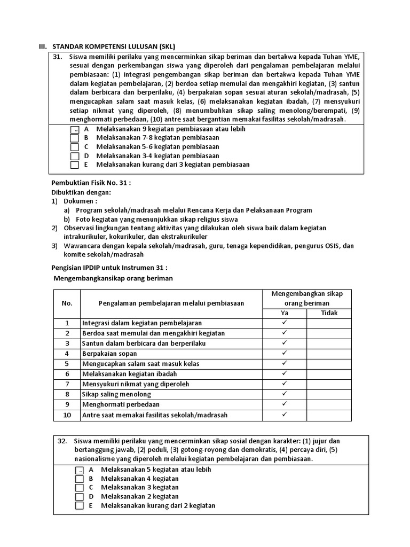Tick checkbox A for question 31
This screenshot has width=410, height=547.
click(x=75, y=130)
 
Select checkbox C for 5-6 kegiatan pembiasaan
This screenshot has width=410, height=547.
click(x=75, y=147)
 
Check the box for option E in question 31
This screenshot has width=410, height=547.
click(x=75, y=165)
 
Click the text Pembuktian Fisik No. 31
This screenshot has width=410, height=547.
click(x=91, y=183)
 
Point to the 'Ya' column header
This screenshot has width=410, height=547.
click(x=284, y=313)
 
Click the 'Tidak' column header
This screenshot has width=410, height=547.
click(x=329, y=313)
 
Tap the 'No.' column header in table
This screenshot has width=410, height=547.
click(x=67, y=303)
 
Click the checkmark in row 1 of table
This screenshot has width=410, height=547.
click(x=284, y=323)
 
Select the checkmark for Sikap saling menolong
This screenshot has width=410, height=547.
click(x=284, y=394)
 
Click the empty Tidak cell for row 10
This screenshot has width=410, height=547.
click(x=329, y=415)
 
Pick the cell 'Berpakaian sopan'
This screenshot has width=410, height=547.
click(x=109, y=354)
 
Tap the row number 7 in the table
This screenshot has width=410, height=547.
click(x=67, y=384)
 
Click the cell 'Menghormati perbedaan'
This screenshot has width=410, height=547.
click(x=121, y=404)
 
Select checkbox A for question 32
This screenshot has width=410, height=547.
click(x=80, y=470)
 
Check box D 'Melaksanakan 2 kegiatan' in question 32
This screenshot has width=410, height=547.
click(x=80, y=497)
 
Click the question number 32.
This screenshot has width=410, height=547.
click(x=61, y=441)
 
